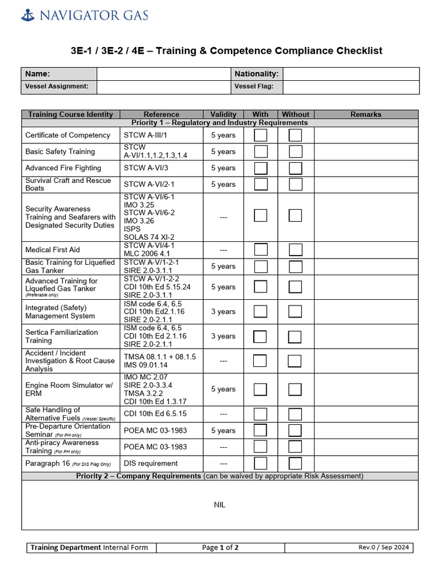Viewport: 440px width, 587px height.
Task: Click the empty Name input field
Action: (x=163, y=74)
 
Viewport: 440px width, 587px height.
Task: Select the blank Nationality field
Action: (x=351, y=74)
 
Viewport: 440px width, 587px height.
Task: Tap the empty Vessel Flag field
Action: (x=351, y=87)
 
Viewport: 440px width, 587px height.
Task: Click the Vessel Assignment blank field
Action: (x=163, y=87)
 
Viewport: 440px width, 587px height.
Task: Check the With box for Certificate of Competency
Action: (x=261, y=135)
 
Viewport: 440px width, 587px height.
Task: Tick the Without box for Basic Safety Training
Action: (x=295, y=151)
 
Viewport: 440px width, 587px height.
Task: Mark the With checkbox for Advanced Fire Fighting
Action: (x=261, y=168)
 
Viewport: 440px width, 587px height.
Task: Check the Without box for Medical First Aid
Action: (x=295, y=249)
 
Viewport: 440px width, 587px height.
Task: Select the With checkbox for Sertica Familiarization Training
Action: (x=260, y=336)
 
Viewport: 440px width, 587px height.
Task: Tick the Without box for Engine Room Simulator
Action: (x=295, y=389)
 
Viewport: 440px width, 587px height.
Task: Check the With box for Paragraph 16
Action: (x=261, y=463)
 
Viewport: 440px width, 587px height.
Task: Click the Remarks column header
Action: (x=366, y=114)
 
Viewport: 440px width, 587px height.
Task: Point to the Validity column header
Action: (x=223, y=114)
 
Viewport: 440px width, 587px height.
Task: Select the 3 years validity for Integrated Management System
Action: (x=223, y=312)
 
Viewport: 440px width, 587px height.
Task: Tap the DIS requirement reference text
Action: (x=151, y=463)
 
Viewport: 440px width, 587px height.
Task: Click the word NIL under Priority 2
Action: (x=220, y=505)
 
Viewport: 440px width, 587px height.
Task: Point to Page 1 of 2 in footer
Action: (x=220, y=547)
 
